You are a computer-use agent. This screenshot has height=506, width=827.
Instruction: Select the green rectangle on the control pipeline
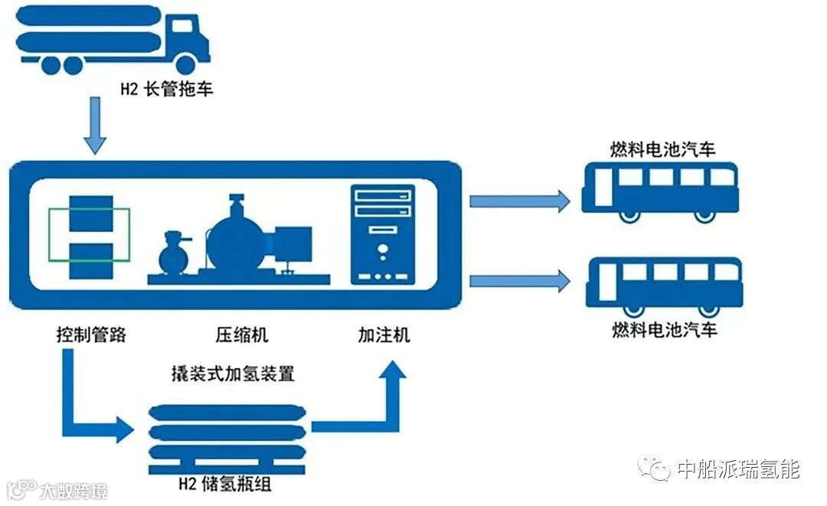click(89, 234)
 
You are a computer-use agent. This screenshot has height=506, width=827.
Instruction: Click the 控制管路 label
click(90, 335)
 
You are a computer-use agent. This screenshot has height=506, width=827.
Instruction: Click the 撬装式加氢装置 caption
click(233, 374)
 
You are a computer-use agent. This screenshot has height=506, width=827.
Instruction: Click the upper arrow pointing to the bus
click(519, 201)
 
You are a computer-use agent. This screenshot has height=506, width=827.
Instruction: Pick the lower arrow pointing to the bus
click(519, 281)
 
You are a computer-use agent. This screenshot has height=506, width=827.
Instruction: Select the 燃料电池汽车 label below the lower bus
click(665, 331)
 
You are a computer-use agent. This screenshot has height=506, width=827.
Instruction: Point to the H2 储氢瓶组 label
click(225, 484)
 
